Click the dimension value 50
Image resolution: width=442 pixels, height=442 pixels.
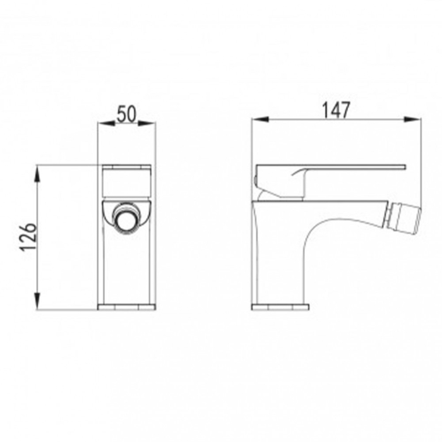tap(126, 114)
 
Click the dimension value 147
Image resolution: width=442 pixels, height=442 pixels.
tap(337, 110)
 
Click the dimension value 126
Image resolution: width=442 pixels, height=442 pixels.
tap(28, 237)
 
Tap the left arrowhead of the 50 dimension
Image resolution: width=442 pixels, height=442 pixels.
tap(107, 123)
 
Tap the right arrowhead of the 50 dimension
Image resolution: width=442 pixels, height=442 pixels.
tap(146, 123)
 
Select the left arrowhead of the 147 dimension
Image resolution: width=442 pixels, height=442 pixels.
tap(260, 119)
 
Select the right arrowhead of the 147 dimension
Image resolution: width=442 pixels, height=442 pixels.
tap(412, 119)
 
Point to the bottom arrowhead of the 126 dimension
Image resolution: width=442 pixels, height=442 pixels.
tap(37, 301)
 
